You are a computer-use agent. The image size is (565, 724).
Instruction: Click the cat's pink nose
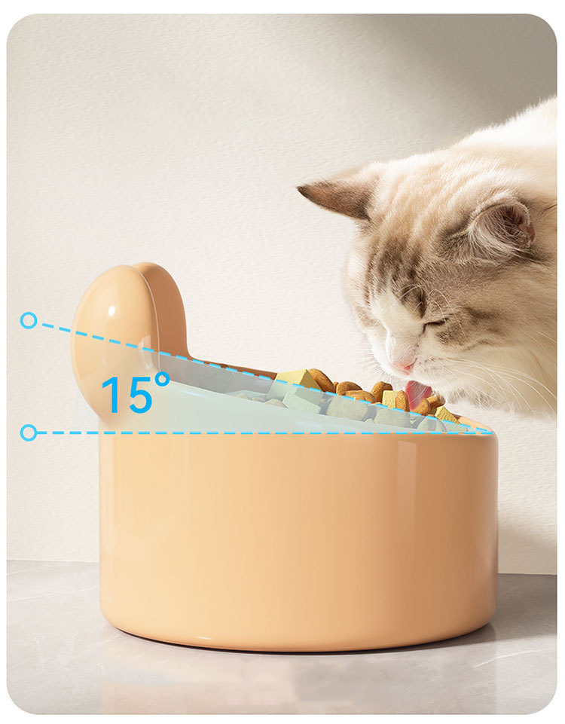coord(403,367)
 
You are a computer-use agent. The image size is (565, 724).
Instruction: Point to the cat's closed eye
coord(435,322)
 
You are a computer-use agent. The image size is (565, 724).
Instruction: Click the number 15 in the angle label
coord(126,396)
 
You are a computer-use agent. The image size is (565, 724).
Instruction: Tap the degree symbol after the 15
coord(162,379)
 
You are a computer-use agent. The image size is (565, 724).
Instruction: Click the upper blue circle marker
coord(29,320)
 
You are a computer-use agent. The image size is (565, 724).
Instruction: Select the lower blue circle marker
coord(29,432)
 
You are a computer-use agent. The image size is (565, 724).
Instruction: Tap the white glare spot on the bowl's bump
coord(111,310)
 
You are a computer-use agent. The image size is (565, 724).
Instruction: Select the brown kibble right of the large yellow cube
coord(322,380)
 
